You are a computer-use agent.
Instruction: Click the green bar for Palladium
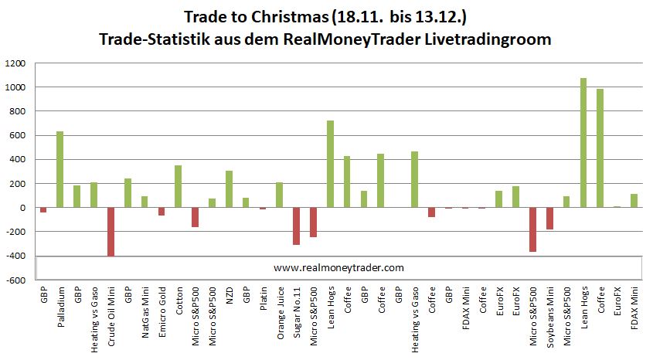[x=60, y=170]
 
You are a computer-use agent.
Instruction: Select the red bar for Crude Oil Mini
[x=111, y=232]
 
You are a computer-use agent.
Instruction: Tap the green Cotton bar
[x=178, y=186]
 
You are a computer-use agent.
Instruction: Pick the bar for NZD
[x=229, y=189]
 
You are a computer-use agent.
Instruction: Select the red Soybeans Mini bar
[x=550, y=219]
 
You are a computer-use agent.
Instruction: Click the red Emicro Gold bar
[x=161, y=212]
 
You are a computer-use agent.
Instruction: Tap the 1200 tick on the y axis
[x=15, y=64]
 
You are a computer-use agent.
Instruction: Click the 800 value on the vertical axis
[x=18, y=112]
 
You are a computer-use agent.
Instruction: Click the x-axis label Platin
[x=264, y=303]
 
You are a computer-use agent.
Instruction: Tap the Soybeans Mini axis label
[x=551, y=312]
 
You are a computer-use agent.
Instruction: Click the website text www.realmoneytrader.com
[x=338, y=267]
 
